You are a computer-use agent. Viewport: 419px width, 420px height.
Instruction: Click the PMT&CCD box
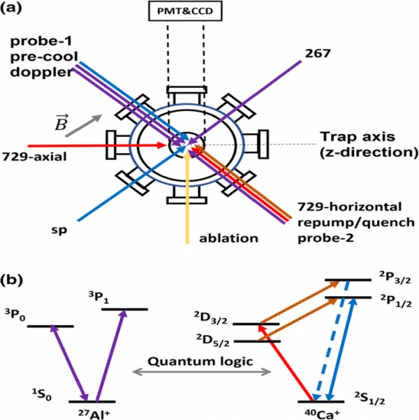tap(185, 11)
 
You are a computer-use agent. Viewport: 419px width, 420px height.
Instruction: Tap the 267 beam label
tap(318, 54)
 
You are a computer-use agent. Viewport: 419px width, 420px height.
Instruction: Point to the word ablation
tap(228, 238)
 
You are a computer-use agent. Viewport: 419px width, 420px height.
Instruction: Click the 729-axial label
tap(34, 157)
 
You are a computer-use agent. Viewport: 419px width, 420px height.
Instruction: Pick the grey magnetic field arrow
tap(84, 126)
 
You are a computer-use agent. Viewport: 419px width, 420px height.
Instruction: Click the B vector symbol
tap(61, 122)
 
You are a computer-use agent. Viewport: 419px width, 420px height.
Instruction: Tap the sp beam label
tap(59, 231)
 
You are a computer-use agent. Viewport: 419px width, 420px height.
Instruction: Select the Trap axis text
tap(358, 136)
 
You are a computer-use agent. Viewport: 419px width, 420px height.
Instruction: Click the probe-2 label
tap(326, 238)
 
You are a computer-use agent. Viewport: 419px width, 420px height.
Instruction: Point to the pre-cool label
tap(44, 57)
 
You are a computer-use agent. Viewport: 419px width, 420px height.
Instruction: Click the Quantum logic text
tap(200, 361)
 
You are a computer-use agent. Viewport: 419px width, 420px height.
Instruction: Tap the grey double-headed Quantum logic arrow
tap(202, 372)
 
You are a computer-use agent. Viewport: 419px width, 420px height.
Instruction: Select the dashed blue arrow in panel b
tap(332, 341)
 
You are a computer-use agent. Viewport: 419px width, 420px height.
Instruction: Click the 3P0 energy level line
tap(50, 326)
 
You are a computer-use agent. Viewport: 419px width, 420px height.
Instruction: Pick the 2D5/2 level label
tap(213, 341)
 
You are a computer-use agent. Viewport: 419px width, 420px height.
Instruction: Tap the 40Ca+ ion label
tap(322, 414)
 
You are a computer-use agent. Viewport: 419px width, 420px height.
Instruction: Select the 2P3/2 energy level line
tap(348, 280)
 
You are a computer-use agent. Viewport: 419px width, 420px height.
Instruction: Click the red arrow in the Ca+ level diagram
tap(286, 363)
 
